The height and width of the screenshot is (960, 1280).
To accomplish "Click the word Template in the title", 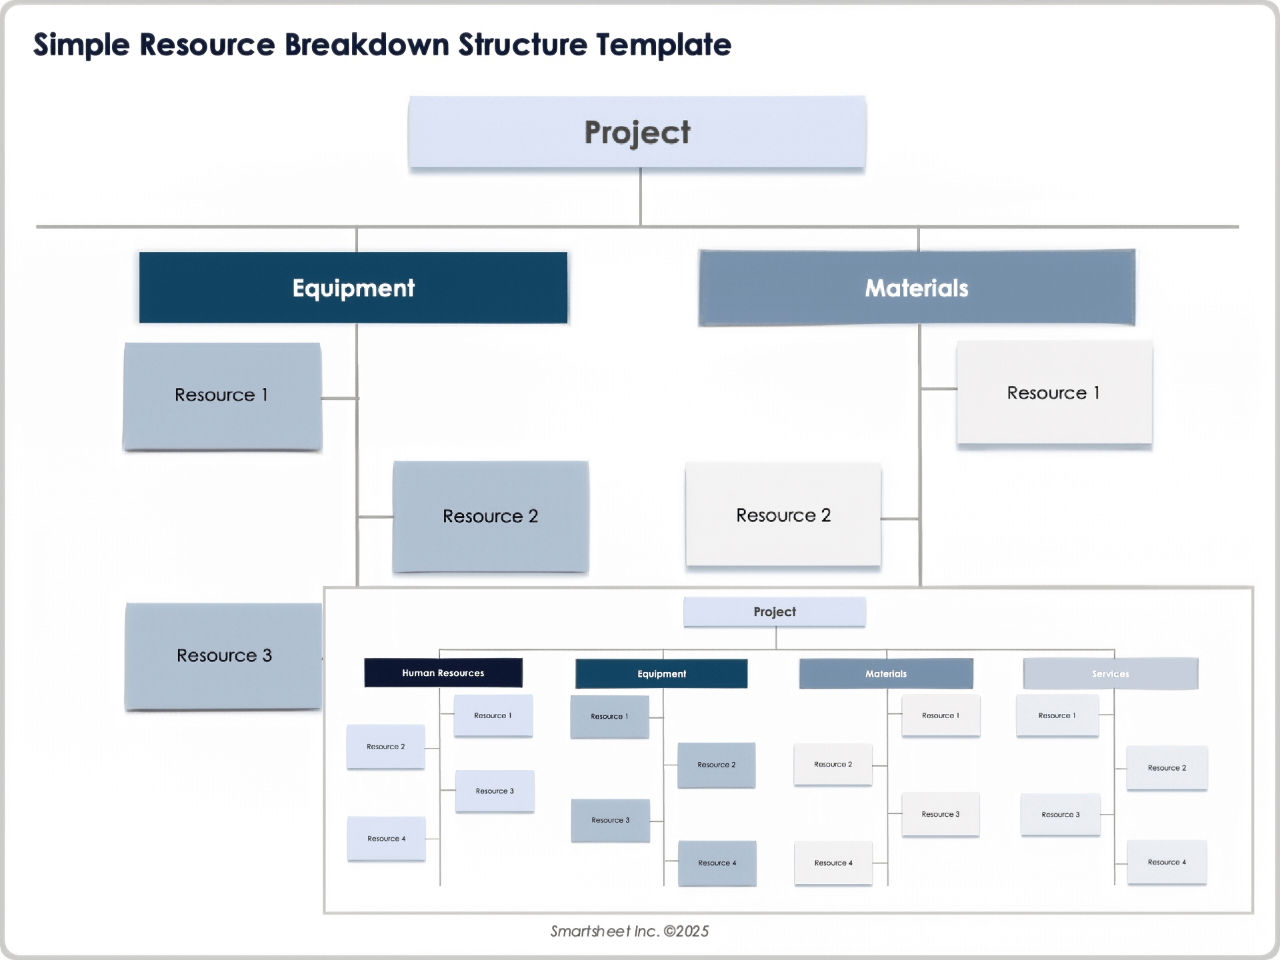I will [663, 45].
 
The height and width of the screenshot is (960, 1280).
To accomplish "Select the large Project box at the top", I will [637, 132].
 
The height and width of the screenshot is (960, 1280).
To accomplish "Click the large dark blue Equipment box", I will [353, 288].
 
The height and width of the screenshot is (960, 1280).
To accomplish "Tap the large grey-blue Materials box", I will [917, 288].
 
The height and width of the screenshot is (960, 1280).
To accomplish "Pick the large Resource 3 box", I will [223, 656].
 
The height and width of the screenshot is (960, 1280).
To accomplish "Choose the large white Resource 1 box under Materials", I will [1054, 393].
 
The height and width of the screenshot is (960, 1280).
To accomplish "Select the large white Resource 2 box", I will [783, 515].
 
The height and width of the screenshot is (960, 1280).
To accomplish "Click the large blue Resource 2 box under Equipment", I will [491, 516].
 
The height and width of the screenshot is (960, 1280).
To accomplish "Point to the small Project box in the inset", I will [775, 612].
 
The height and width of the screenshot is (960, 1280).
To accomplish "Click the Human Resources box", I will [443, 673].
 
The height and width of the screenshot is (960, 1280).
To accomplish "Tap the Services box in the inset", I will [1111, 674].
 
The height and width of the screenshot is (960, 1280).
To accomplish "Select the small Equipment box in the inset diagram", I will [661, 674].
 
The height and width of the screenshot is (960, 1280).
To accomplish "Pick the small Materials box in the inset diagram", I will [886, 674].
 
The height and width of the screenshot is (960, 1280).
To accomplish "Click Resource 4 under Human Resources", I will [386, 839].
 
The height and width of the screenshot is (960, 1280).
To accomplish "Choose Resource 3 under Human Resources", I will [495, 791].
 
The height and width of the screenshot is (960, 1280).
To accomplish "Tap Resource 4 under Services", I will [1167, 862].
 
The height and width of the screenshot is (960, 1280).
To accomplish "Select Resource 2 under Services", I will [1167, 768].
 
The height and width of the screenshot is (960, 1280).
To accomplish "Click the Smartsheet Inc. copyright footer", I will [629, 931].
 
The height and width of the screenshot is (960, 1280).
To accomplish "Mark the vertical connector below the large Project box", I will [641, 197].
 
